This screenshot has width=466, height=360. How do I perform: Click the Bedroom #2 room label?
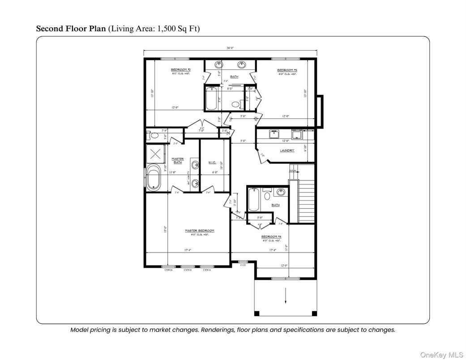tap(181, 70)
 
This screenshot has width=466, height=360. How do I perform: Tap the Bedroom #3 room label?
tap(287, 70)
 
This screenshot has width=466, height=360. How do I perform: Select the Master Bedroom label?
tap(200, 231)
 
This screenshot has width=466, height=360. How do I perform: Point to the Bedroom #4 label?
tap(272, 237)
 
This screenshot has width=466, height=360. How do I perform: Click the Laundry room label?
tap(287, 150)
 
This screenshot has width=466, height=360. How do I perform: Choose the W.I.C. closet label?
tap(213, 162)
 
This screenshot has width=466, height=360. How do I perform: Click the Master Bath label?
tap(178, 160)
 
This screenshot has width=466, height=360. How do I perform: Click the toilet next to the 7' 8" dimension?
tap(153, 135)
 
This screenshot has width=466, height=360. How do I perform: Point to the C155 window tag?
tap(243, 266)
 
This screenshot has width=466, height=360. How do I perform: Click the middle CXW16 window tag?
tap(188, 270)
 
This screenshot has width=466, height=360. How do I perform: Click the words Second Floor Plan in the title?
tap(71, 29)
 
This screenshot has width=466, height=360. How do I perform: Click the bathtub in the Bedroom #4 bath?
tap(254, 200)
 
